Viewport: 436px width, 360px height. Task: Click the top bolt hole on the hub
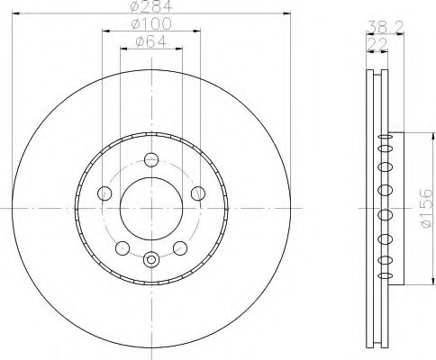point(150,164)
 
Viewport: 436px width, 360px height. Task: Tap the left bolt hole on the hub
point(104,193)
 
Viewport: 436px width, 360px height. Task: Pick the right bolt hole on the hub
point(195,193)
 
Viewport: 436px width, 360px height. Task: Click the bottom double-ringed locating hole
point(150,261)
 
